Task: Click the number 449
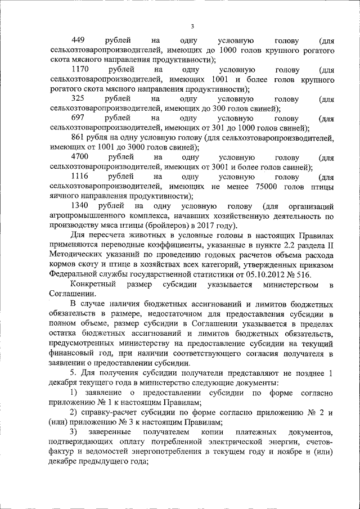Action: click(79, 41)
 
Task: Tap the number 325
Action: click(79, 100)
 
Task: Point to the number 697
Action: click(79, 119)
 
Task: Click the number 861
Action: click(79, 138)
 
